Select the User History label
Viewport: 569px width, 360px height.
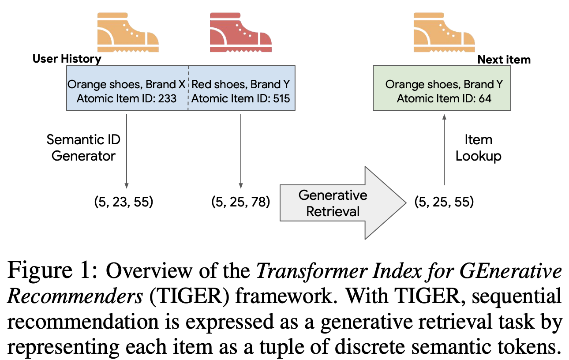tap(67, 59)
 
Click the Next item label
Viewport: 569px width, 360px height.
tap(504, 60)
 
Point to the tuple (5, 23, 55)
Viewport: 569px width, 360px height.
tap(124, 202)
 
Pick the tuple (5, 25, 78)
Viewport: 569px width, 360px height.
tap(241, 202)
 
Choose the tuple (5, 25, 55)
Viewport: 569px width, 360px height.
tap(444, 202)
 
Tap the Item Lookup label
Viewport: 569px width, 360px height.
tap(478, 148)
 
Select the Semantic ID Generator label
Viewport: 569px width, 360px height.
tap(83, 148)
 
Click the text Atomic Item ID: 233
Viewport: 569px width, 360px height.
tap(127, 98)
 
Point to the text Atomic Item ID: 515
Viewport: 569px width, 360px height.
tap(241, 98)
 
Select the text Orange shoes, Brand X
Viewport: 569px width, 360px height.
tap(127, 84)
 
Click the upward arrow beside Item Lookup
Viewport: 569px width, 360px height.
tap(444, 148)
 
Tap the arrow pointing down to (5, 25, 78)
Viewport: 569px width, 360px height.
tap(241, 150)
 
